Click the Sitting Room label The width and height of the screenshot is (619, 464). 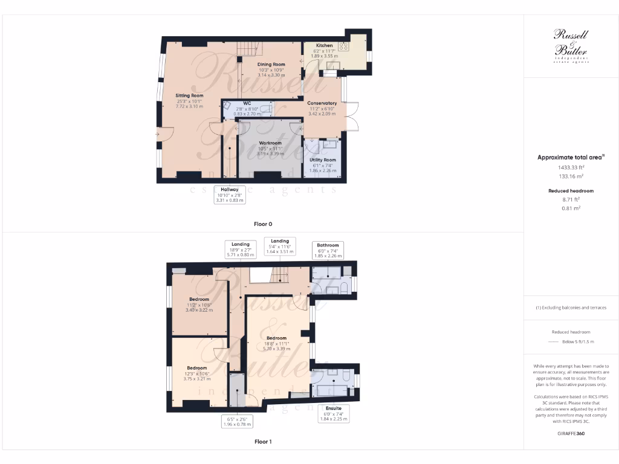(189, 95)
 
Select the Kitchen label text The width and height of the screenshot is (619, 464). (324, 46)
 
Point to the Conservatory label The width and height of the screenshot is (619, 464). (322, 103)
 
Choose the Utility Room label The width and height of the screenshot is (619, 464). (322, 160)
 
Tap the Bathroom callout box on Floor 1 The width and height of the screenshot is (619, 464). (328, 250)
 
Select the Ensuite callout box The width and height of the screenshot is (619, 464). (333, 413)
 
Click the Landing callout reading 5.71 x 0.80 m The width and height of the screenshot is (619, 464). (240, 249)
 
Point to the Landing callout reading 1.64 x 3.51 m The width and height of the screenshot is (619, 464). (280, 246)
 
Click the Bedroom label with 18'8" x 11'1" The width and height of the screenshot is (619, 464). (276, 338)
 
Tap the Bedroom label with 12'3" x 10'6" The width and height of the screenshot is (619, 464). (196, 368)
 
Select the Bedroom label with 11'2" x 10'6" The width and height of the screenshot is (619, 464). (199, 299)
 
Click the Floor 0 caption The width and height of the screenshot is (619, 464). (262, 224)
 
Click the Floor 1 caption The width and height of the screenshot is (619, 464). (262, 442)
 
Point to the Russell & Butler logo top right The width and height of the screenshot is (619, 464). (571, 46)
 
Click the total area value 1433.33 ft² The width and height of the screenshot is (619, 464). (571, 167)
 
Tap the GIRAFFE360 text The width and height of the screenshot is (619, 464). (571, 433)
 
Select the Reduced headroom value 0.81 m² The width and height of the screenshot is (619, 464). (571, 208)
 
